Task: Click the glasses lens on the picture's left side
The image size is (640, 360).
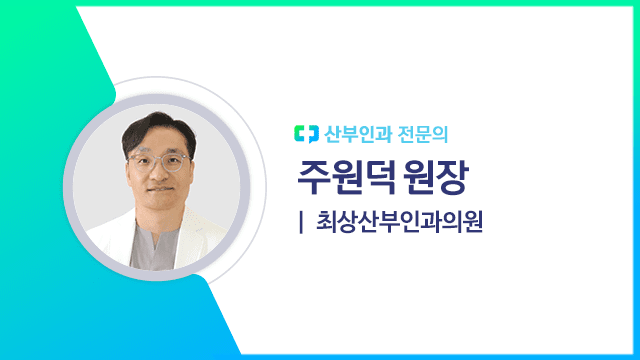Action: tap(138, 160)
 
